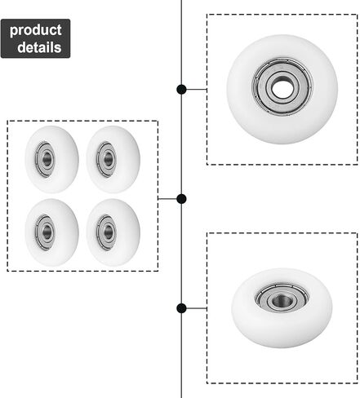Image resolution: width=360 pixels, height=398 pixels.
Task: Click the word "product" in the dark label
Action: click(35, 30)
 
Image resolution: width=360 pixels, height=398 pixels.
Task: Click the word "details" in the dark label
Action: click(39, 47)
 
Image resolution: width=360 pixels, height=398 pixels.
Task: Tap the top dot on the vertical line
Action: click(181, 89)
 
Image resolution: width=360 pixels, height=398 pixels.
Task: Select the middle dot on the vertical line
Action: click(181, 199)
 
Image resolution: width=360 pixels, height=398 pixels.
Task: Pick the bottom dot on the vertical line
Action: click(181, 308)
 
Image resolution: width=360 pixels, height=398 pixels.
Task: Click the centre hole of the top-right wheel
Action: click(282, 88)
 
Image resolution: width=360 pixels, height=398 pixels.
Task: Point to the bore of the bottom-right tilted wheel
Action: click(282, 300)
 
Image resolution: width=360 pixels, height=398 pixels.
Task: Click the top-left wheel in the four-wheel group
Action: click(51, 159)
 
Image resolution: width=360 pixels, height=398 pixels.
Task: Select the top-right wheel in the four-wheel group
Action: click(113, 159)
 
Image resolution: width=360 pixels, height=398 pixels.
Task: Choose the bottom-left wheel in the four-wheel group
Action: click(51, 232)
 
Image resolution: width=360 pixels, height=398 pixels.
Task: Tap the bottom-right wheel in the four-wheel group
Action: click(113, 232)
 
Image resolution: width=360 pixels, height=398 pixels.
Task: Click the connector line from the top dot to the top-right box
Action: click(197, 89)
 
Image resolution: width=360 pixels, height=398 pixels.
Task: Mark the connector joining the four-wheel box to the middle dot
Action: click(167, 199)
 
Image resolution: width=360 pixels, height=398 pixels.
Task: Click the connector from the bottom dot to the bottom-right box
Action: click(197, 308)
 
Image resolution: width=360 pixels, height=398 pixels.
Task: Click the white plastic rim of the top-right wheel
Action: click(283, 129)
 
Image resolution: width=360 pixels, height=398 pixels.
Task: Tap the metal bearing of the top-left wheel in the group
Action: click(45, 159)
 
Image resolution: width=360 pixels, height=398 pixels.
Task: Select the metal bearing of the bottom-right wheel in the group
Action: click(106, 232)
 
